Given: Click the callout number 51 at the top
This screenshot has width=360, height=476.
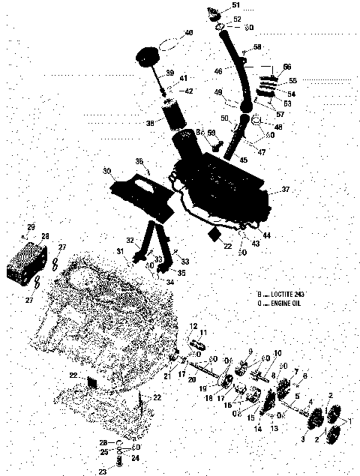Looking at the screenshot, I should (x=236, y=6).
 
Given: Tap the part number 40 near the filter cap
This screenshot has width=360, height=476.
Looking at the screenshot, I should (x=188, y=33).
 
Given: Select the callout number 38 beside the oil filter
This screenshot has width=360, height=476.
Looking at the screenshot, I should (x=150, y=122).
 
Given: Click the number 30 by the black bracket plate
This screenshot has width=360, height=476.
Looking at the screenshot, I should (x=107, y=171).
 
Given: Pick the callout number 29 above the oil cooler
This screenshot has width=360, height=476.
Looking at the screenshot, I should (x=31, y=227).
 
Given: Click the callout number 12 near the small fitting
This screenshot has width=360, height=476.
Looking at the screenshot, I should (x=193, y=326).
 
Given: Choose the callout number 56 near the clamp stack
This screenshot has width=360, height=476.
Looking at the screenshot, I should (x=286, y=66).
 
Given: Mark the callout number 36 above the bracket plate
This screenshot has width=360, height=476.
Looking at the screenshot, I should (x=139, y=162).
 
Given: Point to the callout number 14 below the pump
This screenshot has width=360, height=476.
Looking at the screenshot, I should (x=259, y=428).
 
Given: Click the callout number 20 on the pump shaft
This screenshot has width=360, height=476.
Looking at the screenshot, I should (x=193, y=380).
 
